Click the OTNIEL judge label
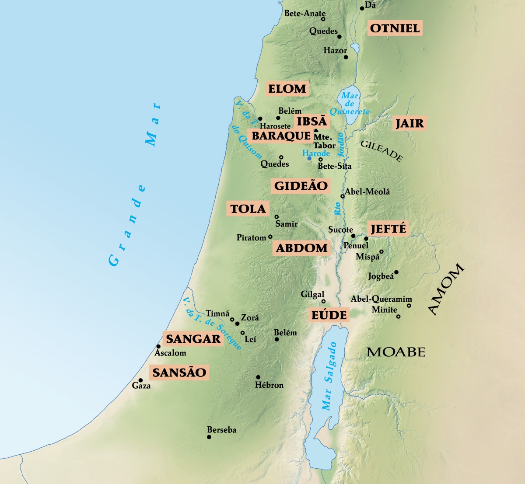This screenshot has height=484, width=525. point(395,28)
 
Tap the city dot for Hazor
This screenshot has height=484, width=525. point(346,57)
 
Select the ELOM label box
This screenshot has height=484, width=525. point(287,89)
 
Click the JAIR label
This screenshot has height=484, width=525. point(409,123)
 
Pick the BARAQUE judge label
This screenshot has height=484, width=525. point(281,136)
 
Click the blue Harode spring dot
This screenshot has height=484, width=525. point(309,158)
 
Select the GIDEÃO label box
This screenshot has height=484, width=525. point(301,186)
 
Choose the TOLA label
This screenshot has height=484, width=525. point(248,209)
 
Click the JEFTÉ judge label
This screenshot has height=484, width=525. point(388,229)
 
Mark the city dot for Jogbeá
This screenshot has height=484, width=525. point(396,272)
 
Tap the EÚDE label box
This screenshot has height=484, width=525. point(329,315)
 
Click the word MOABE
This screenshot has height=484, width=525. point(396,352)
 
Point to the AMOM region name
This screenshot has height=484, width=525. point(445,289)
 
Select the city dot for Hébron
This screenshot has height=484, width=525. point(258,377)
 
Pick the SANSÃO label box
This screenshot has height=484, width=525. point(179,373)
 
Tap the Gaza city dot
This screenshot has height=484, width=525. point(140,380)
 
